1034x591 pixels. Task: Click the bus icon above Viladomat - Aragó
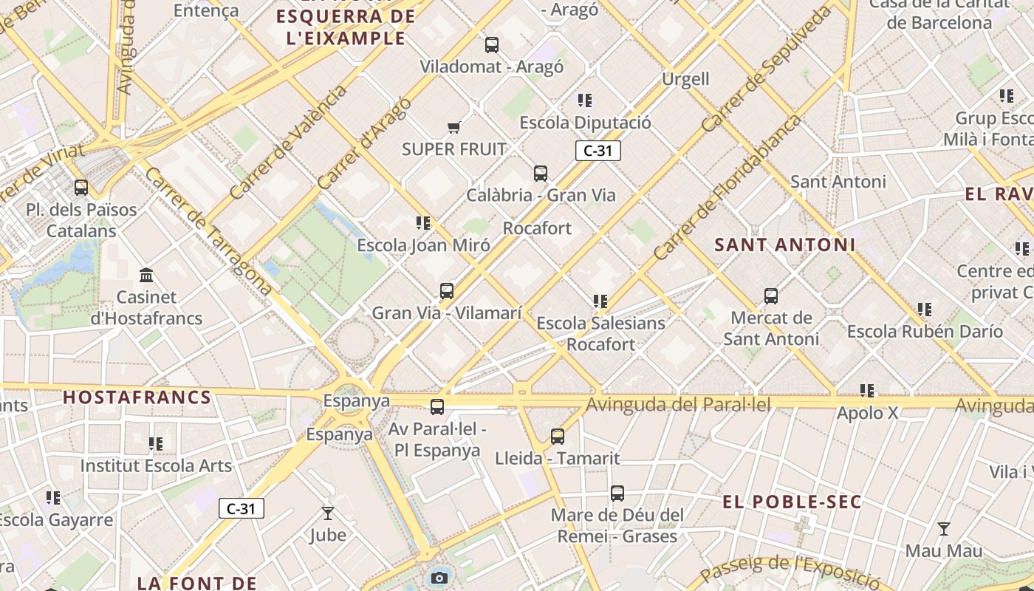(492, 45)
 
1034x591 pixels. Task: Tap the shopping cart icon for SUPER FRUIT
(454, 128)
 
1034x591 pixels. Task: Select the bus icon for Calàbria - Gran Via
(541, 174)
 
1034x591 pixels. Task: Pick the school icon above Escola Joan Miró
(423, 222)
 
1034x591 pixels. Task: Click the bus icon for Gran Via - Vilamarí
(447, 291)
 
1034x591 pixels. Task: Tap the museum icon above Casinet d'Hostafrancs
(146, 276)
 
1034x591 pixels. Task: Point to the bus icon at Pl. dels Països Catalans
(81, 188)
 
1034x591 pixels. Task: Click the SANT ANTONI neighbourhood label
(785, 245)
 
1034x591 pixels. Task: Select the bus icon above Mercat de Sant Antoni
(771, 296)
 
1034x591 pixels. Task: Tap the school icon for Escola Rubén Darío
(925, 310)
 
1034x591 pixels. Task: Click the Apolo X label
(867, 413)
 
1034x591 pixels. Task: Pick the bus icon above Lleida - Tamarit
(558, 437)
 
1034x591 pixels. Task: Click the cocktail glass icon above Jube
(328, 513)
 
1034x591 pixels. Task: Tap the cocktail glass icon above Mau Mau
(944, 529)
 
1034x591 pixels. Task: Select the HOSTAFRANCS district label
(137, 397)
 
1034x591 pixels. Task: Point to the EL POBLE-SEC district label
(792, 502)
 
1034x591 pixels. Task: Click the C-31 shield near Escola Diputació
(598, 151)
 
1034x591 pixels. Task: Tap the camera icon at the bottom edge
(439, 578)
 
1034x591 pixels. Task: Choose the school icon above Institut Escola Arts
(156, 444)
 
